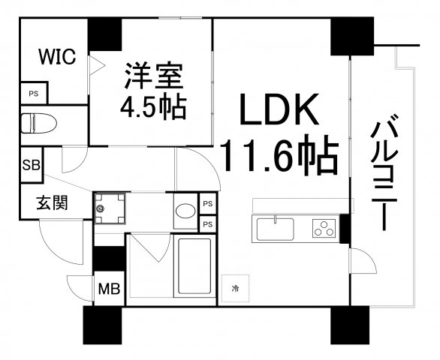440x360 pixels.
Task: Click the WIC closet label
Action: (x=57, y=57)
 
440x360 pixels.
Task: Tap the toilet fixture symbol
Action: (x=39, y=123)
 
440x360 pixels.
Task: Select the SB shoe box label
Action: (x=31, y=165)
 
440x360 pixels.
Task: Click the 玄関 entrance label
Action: (x=53, y=202)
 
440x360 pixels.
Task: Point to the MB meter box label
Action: (x=109, y=289)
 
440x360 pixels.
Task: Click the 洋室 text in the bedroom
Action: (x=154, y=76)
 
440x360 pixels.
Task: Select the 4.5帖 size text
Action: (x=153, y=107)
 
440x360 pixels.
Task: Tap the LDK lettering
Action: (x=279, y=109)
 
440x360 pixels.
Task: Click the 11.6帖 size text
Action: (x=279, y=154)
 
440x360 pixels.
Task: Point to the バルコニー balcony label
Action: (x=384, y=172)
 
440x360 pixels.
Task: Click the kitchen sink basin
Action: (x=276, y=229)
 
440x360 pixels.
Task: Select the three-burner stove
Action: (x=324, y=228)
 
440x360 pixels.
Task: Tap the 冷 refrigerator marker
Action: (x=236, y=288)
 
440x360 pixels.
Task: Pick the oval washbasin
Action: (x=185, y=211)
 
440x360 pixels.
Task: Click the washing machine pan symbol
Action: (x=110, y=208)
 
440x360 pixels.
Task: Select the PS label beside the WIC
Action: (x=34, y=94)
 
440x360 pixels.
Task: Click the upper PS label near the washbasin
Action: (x=208, y=204)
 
